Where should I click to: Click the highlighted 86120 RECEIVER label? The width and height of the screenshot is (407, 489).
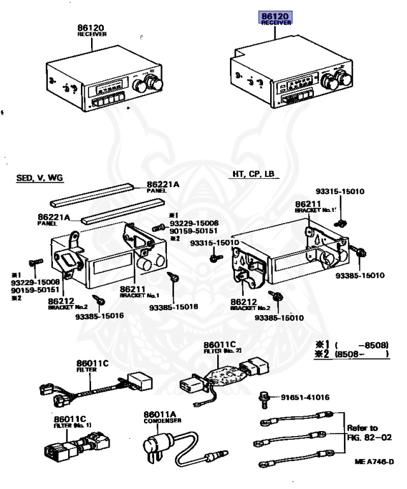(275, 17)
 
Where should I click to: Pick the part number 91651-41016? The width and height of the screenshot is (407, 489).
(305, 397)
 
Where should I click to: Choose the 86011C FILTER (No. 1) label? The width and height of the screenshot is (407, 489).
(72, 421)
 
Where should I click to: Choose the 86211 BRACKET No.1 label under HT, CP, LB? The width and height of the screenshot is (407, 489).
(313, 208)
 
